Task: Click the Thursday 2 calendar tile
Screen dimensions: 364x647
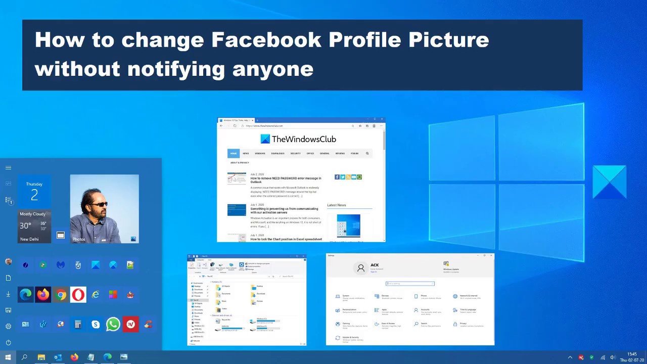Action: click(34, 191)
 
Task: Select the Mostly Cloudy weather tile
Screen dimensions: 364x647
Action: click(34, 226)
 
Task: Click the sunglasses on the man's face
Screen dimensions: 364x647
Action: click(99, 204)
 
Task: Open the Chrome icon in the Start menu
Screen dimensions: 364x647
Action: click(61, 294)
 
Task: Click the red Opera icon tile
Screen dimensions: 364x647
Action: click(78, 294)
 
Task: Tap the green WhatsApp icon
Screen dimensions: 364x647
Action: click(113, 324)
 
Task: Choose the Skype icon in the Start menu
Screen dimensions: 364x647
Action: click(96, 324)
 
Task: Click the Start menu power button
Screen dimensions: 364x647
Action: click(8, 342)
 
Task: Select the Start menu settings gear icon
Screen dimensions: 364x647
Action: click(8, 326)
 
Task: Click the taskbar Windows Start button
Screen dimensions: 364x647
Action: click(8, 357)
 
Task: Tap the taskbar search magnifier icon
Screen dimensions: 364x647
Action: click(24, 357)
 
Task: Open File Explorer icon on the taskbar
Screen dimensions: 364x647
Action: click(41, 357)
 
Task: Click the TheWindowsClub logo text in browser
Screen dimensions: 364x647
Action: click(303, 139)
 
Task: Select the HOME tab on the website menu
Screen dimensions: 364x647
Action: click(234, 153)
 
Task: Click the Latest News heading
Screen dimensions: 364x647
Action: click(337, 205)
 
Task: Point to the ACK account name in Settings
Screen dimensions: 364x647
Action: click(375, 265)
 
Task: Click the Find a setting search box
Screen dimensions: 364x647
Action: click(410, 284)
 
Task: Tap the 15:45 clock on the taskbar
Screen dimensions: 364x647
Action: click(632, 354)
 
